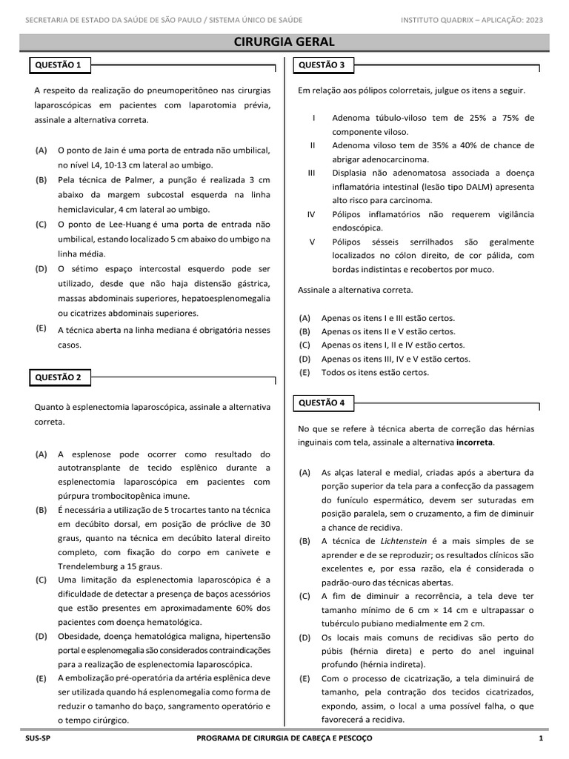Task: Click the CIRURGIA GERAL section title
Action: pos(284,42)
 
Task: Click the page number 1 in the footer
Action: pos(541,739)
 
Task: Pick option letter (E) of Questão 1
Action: pos(41,328)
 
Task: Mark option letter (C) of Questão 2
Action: pos(41,580)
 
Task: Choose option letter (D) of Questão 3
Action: pos(305,359)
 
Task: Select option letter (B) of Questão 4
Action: pos(305,541)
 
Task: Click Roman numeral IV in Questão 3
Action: pos(312,214)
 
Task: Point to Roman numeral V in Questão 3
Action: pos(312,242)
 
